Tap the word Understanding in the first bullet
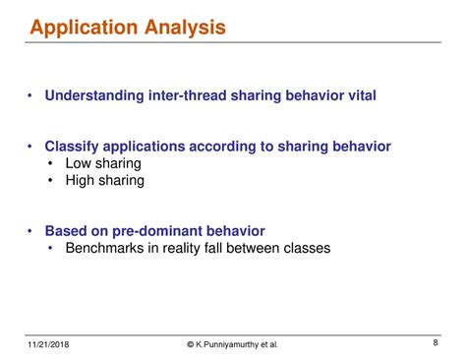coord(91,95)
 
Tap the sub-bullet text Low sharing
coord(103,163)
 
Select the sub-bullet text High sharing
coord(105,181)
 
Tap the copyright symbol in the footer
coord(192,344)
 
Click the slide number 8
coord(435,342)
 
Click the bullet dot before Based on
coord(33,232)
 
